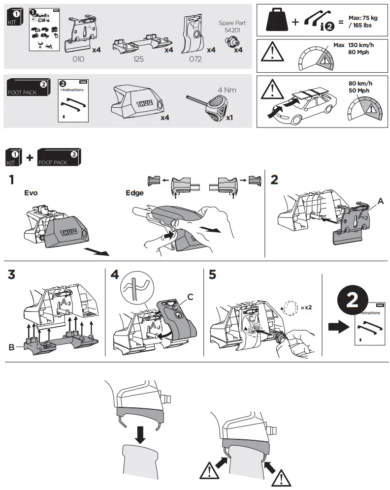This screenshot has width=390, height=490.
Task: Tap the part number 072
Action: click(195, 59)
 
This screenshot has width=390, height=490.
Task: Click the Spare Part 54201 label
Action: click(232, 27)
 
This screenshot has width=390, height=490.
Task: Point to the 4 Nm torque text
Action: click(227, 90)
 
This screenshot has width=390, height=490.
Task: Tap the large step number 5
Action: click(212, 275)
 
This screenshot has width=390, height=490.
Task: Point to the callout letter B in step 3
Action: click(11, 347)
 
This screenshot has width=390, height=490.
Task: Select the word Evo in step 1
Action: click(31, 193)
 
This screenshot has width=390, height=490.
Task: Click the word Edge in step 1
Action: click(134, 193)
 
